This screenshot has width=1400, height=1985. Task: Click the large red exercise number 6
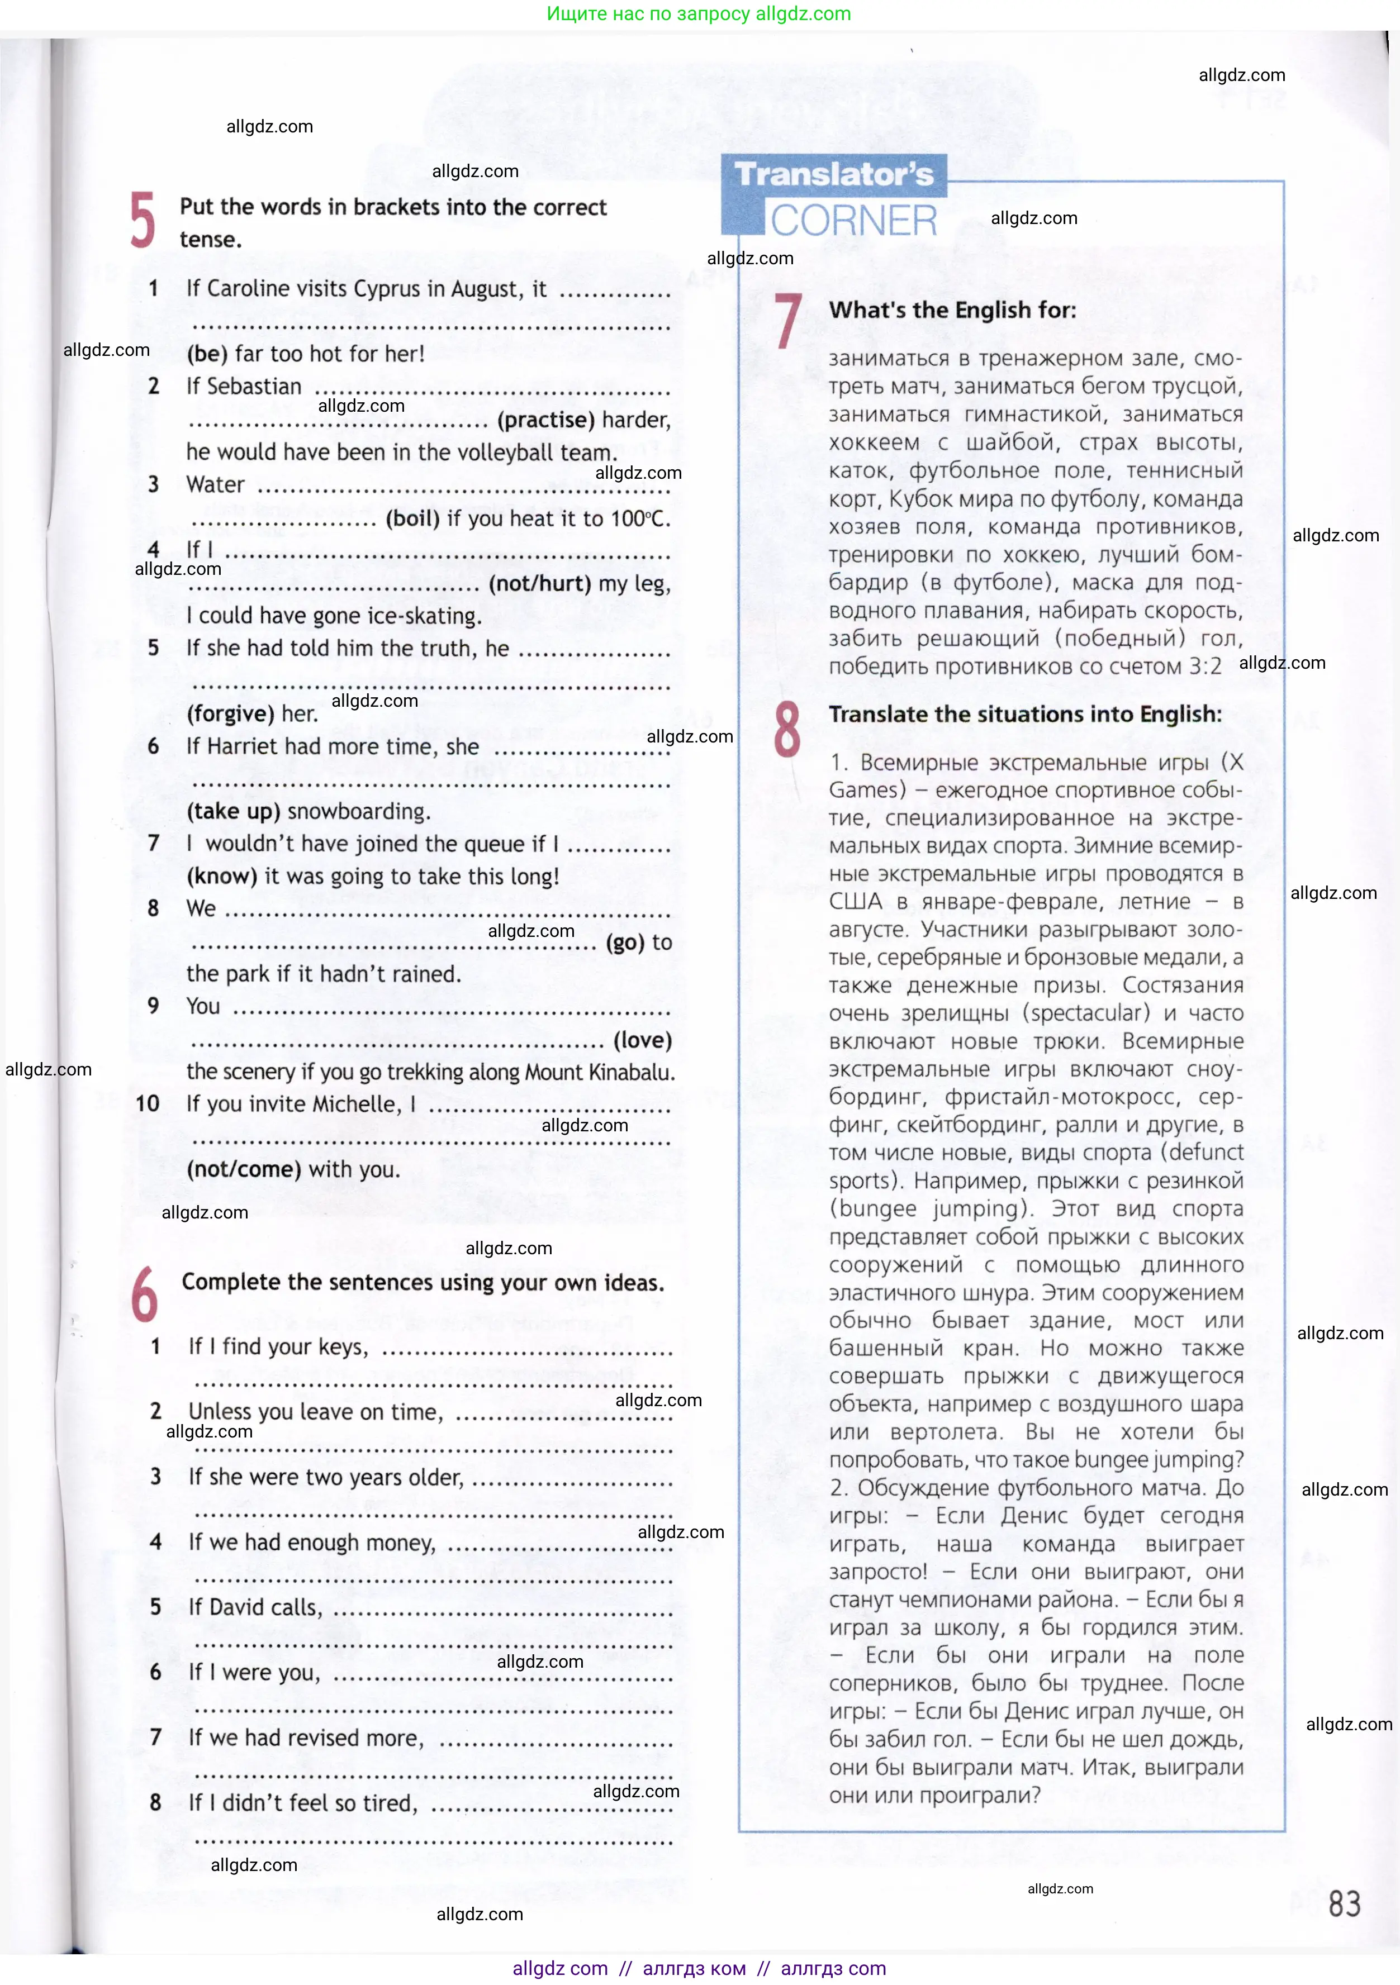click(144, 1294)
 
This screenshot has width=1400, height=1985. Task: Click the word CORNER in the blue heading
click(853, 221)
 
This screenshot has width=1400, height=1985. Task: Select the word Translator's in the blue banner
click(834, 175)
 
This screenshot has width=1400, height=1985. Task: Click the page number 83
click(1344, 1904)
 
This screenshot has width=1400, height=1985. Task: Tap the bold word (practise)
click(545, 420)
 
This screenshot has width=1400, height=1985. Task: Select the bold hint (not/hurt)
click(539, 584)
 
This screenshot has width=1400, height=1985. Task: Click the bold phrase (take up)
click(234, 812)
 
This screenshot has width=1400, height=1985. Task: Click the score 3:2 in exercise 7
click(1204, 667)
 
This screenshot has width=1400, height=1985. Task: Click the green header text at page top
click(699, 14)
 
